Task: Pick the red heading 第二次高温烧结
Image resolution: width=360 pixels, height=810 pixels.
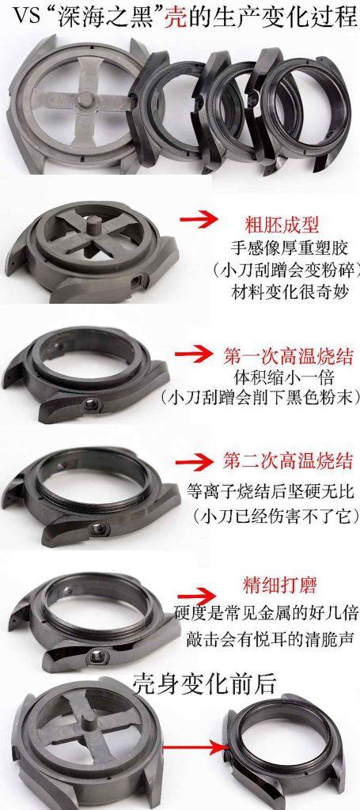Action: coord(286,460)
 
